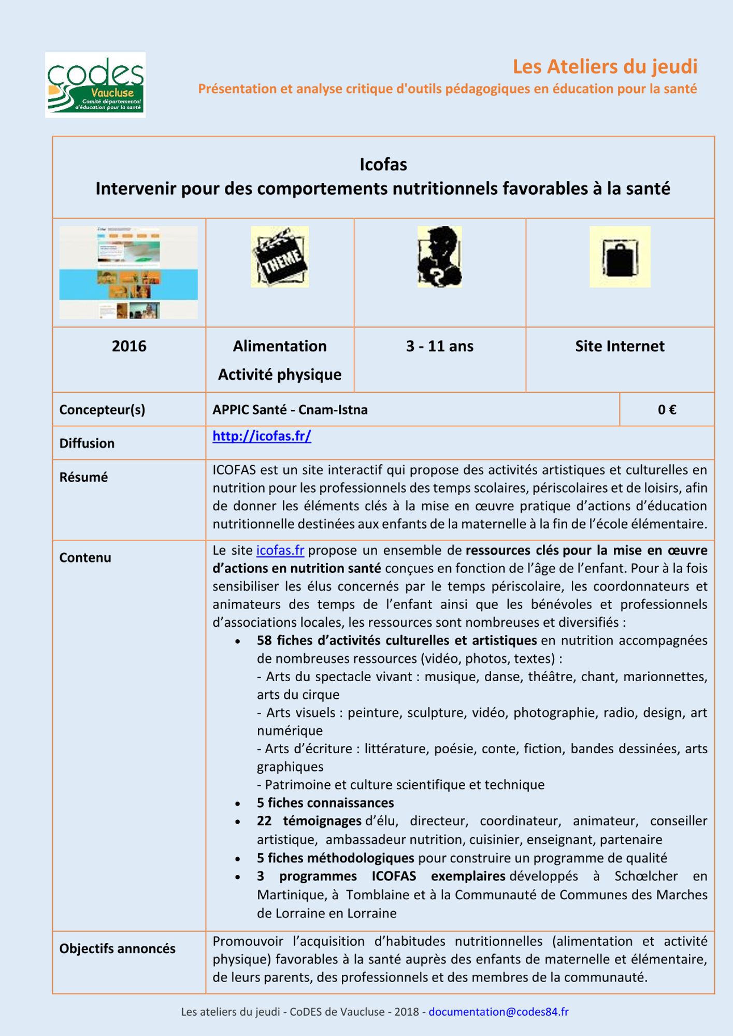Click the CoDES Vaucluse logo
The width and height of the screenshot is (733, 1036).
click(x=95, y=85)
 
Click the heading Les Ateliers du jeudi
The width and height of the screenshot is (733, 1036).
click(x=605, y=67)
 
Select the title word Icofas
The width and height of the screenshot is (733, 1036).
click(x=383, y=165)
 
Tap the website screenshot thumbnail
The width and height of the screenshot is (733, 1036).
click(x=128, y=272)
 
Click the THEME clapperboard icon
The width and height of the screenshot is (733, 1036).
click(x=280, y=257)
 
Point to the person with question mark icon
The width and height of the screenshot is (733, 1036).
click(x=440, y=257)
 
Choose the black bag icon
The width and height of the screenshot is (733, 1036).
click(x=620, y=257)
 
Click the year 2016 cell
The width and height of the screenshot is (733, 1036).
click(x=129, y=346)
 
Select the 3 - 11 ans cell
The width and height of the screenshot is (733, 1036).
click(x=439, y=346)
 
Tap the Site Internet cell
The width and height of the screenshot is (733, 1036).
click(x=620, y=346)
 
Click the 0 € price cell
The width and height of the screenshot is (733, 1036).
click(x=667, y=410)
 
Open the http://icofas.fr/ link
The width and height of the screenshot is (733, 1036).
click(x=262, y=436)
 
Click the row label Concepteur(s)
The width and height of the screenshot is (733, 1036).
click(x=102, y=410)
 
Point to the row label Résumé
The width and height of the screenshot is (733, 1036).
click(x=83, y=477)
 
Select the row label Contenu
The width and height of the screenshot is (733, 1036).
click(x=85, y=558)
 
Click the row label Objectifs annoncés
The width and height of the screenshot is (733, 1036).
click(x=117, y=948)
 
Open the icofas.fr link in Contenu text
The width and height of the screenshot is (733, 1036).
click(x=280, y=550)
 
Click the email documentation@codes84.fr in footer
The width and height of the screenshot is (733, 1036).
click(x=498, y=1012)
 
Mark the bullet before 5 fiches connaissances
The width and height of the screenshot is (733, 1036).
click(x=238, y=804)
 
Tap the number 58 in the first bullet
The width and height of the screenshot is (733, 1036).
click(x=264, y=641)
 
